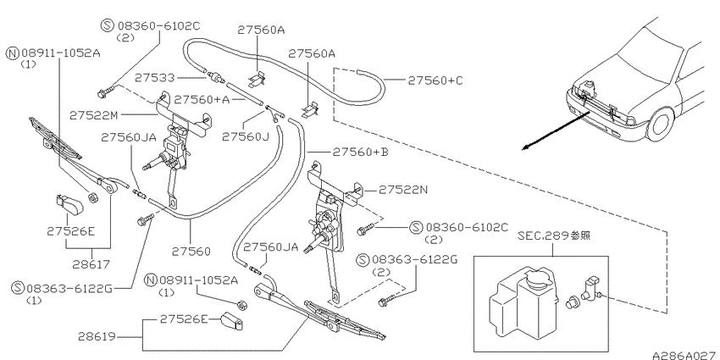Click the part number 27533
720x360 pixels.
(x=155, y=78)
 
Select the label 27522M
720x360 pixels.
(x=94, y=115)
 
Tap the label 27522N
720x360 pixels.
(x=403, y=189)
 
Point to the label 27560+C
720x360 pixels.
(x=435, y=80)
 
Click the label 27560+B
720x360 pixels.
(x=361, y=152)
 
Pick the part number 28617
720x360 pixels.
(x=91, y=264)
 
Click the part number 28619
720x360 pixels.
(x=97, y=336)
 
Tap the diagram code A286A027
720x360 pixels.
(x=685, y=356)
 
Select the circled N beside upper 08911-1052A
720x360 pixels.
(x=12, y=53)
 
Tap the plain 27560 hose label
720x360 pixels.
(x=191, y=252)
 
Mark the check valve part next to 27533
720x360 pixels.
(x=214, y=77)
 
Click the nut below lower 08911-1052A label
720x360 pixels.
(x=241, y=304)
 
